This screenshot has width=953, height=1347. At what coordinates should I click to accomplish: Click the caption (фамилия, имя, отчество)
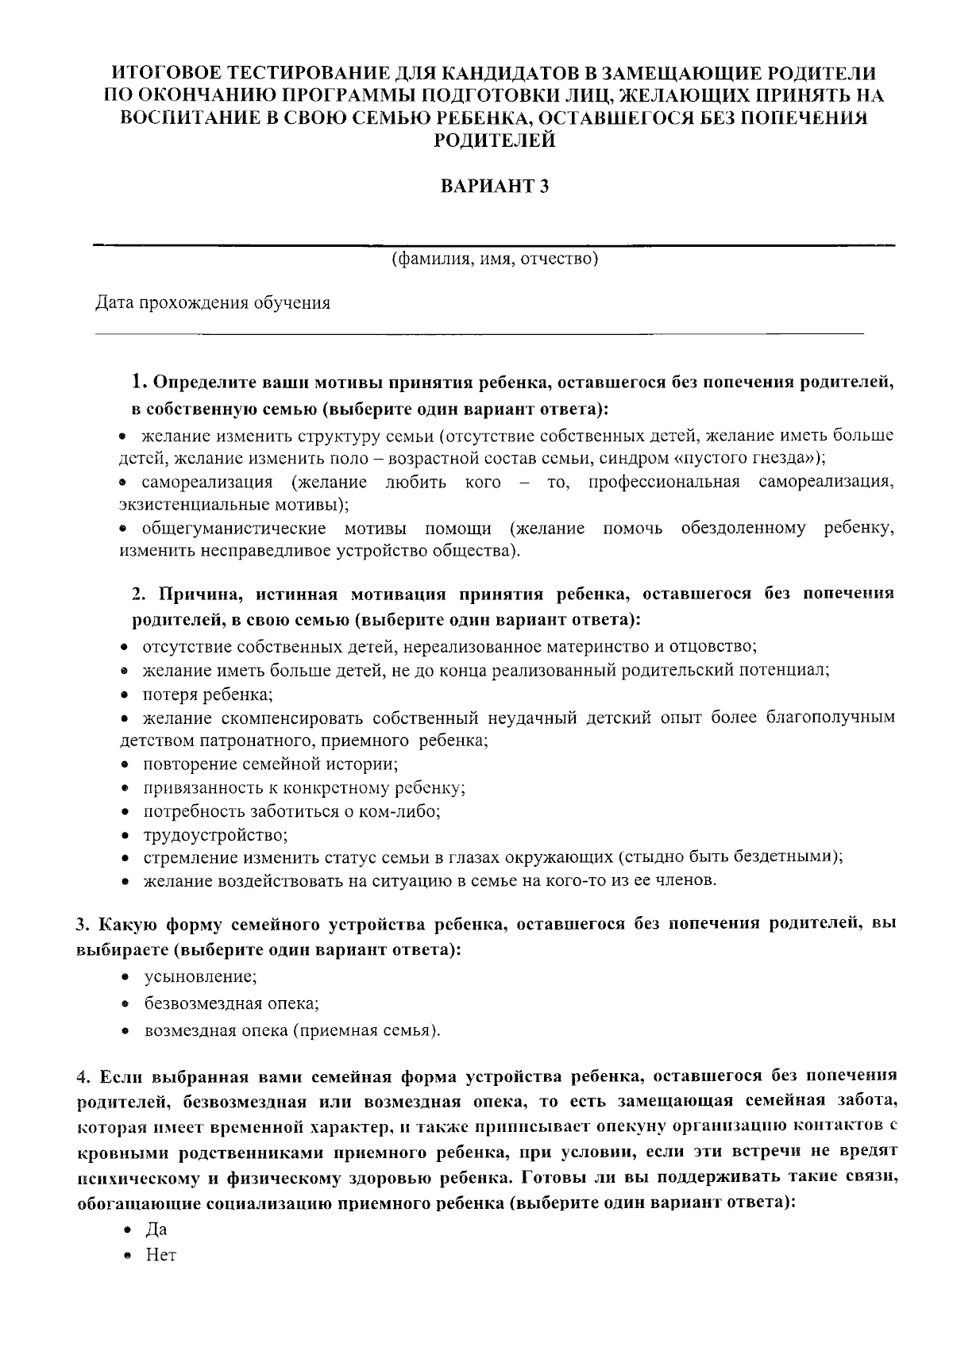tap(494, 259)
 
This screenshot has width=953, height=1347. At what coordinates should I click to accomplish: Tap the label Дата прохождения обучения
tap(213, 303)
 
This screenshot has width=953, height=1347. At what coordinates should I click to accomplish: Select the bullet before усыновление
tap(125, 976)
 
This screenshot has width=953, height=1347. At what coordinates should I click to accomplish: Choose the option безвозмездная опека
tap(231, 1003)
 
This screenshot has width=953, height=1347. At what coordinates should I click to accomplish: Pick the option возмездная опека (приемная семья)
tap(291, 1030)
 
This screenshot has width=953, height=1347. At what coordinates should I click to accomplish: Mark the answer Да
tap(156, 1230)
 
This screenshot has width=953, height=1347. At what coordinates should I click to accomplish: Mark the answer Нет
tap(160, 1256)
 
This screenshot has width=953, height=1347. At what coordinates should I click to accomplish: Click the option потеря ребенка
tap(208, 695)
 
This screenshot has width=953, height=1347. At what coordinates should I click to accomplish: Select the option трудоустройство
tap(215, 835)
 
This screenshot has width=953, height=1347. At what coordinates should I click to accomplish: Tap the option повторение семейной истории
tap(270, 764)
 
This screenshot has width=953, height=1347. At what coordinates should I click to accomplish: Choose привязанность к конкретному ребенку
tap(303, 788)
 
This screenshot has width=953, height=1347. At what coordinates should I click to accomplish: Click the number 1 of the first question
tap(138, 382)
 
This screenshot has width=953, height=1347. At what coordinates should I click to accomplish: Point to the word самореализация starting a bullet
tap(207, 483)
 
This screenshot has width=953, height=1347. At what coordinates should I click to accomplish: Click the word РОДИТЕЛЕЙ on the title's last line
tap(494, 141)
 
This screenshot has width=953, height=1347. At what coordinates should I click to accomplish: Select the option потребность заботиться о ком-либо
tap(291, 812)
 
